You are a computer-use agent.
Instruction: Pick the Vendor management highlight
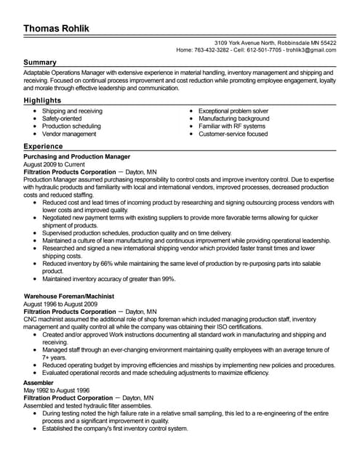click(x=69, y=134)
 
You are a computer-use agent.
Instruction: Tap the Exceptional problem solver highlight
click(x=233, y=111)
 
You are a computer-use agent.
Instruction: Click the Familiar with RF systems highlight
click(x=232, y=126)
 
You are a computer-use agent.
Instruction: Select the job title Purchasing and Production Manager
click(x=77, y=156)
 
